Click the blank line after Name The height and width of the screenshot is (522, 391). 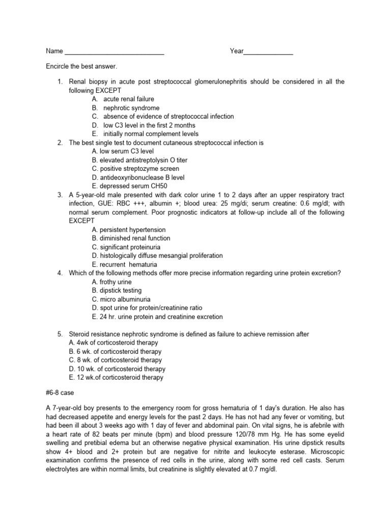point(115,52)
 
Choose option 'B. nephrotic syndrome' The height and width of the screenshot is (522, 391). point(125,108)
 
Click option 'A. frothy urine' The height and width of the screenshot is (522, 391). point(111,282)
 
